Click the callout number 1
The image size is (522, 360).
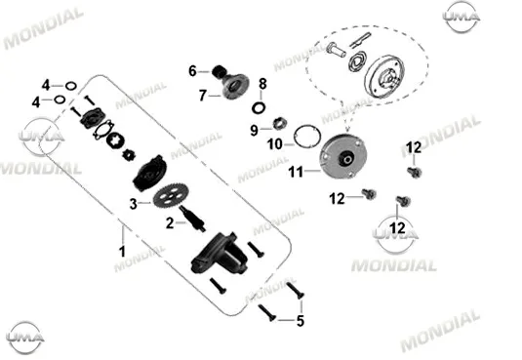123,252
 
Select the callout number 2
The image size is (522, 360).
170,223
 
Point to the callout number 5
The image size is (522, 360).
301,321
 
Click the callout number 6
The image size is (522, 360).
192,71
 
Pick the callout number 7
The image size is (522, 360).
203,96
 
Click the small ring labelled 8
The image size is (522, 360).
259,108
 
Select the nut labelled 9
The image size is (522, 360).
280,124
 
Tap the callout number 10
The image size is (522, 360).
274,144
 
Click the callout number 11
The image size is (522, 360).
296,172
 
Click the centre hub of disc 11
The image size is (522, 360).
347,157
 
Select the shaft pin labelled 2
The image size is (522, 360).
192,219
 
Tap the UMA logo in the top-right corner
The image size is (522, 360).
462,16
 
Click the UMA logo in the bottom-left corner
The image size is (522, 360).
25,338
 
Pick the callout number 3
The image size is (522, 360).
133,204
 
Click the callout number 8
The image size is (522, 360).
262,84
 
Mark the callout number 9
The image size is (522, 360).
254,130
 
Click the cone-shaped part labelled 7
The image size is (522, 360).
236,87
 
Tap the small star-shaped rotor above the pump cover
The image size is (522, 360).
129,155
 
